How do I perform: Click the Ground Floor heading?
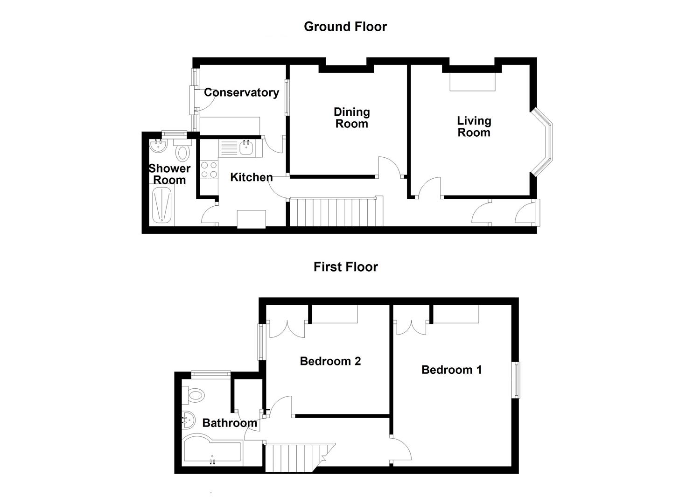[345, 27]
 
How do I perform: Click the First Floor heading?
[345, 267]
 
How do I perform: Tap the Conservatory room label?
[241, 92]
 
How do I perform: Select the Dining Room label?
[351, 118]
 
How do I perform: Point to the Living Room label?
[474, 126]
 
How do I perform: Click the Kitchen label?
[252, 177]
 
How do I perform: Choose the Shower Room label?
[169, 174]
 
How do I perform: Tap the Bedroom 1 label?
[451, 370]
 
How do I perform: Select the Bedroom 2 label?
[330, 361]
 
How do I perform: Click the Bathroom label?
[230, 423]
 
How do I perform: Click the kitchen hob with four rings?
[209, 169]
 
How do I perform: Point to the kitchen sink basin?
[245, 148]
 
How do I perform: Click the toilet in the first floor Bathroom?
[195, 396]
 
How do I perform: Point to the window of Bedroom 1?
[516, 380]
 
